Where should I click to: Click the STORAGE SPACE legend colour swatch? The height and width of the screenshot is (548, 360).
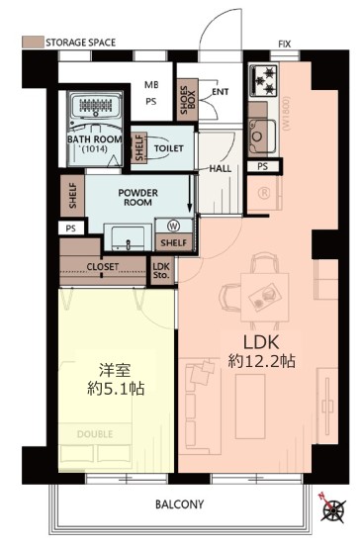[x=31, y=43]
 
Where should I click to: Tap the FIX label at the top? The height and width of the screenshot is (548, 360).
[x=285, y=45]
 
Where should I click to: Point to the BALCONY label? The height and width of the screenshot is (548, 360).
[x=179, y=504]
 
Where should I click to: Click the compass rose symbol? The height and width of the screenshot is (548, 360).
[x=334, y=511]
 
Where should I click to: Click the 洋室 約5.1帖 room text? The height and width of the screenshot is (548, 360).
[x=116, y=381]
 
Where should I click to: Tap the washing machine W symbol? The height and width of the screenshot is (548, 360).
[x=173, y=225]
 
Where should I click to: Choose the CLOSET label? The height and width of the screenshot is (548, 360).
[x=103, y=267]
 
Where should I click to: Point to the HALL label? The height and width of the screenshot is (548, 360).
[x=222, y=168]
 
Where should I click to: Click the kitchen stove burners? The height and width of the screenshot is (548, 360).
[x=265, y=76]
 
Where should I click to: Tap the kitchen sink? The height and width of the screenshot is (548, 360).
[x=263, y=129]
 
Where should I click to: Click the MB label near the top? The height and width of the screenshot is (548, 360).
[x=152, y=85]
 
